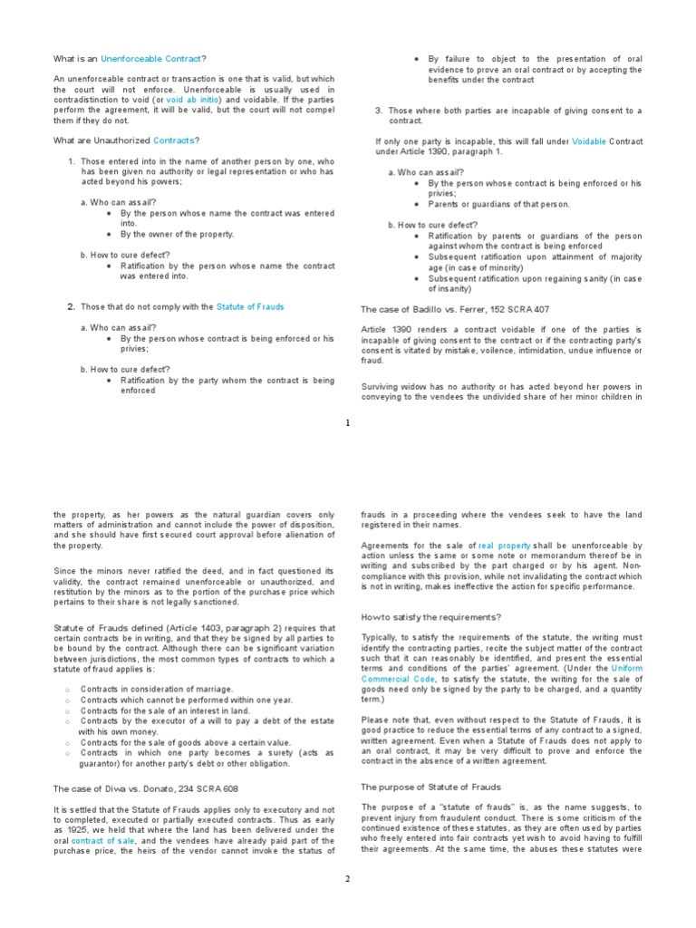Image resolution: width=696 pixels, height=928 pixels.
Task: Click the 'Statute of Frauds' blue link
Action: pos(250,306)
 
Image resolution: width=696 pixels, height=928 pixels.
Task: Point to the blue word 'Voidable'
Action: pos(588,141)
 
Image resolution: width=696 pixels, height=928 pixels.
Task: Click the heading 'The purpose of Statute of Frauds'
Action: pos(430,787)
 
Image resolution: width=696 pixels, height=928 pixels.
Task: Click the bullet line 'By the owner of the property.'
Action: pos(177,234)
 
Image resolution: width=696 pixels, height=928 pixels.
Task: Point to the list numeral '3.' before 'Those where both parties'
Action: pos(379,111)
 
